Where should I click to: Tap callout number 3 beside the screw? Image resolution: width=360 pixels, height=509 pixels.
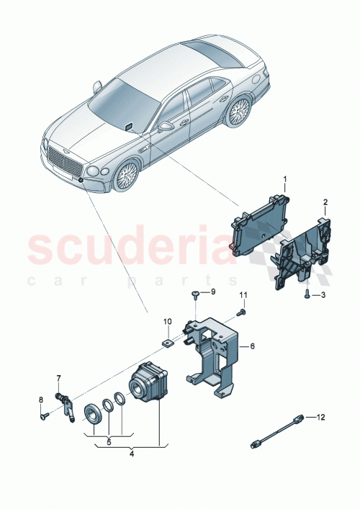click(x=324, y=294)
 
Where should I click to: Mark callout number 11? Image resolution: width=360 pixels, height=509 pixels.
click(x=243, y=295)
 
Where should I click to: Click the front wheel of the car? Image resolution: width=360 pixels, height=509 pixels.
click(x=127, y=176)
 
